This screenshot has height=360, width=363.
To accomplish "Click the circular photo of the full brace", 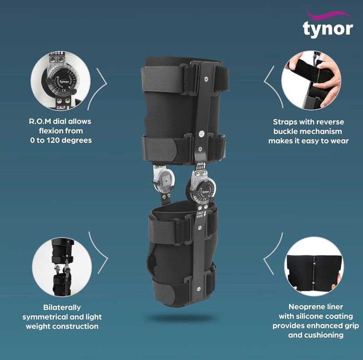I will (62, 263).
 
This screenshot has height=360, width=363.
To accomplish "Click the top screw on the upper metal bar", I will (206, 78).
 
